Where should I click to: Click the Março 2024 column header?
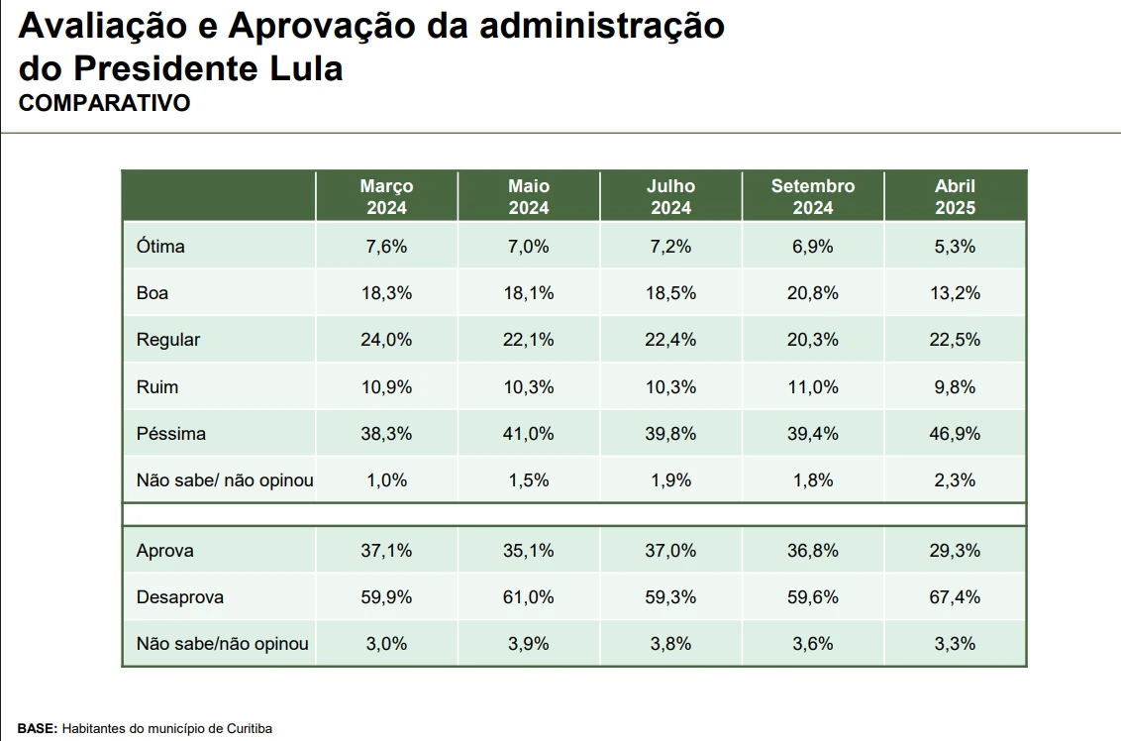tap(386, 196)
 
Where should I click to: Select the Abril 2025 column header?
tap(955, 196)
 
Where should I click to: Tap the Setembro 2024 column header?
tap(813, 196)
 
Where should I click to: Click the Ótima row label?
tap(160, 247)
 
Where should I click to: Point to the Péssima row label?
tap(171, 434)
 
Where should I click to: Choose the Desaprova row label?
tap(179, 597)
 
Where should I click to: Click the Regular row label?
tap(168, 340)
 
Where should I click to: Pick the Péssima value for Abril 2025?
tap(955, 434)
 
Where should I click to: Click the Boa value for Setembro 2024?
tap(813, 293)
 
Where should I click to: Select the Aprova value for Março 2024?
tap(386, 551)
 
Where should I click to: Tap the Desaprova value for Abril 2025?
tap(955, 597)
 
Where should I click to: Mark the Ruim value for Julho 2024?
tap(670, 386)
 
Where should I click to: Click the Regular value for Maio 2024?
tap(529, 340)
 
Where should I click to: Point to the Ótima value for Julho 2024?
tap(670, 247)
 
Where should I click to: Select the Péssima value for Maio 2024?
tap(529, 434)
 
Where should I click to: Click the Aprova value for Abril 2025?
tap(955, 551)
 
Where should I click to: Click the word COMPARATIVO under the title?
tap(104, 103)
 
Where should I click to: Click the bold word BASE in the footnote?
tap(38, 728)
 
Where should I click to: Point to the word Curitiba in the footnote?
tap(248, 728)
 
